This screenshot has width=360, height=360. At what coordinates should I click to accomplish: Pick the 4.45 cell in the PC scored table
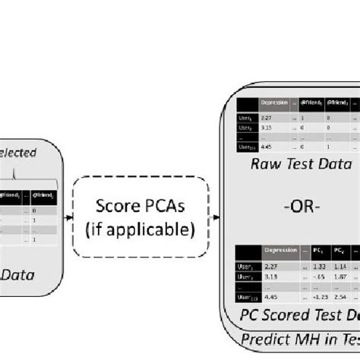(267, 297)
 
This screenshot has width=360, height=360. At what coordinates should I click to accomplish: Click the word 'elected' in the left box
(18, 153)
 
